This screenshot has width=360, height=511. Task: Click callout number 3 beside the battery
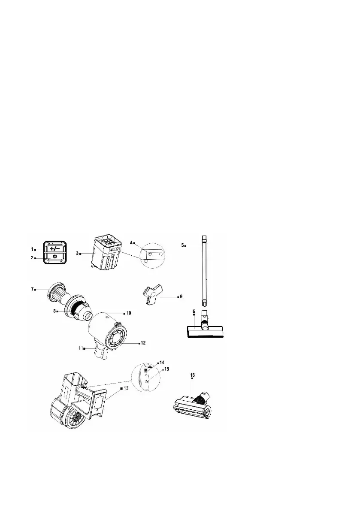[77, 254]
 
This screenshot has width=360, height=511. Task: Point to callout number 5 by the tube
[182, 245]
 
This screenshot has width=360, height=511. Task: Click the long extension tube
[204, 270]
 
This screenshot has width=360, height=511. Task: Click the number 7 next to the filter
[32, 289]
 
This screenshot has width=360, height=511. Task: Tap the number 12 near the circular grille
[142, 343]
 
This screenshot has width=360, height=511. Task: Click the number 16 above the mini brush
[192, 375]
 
